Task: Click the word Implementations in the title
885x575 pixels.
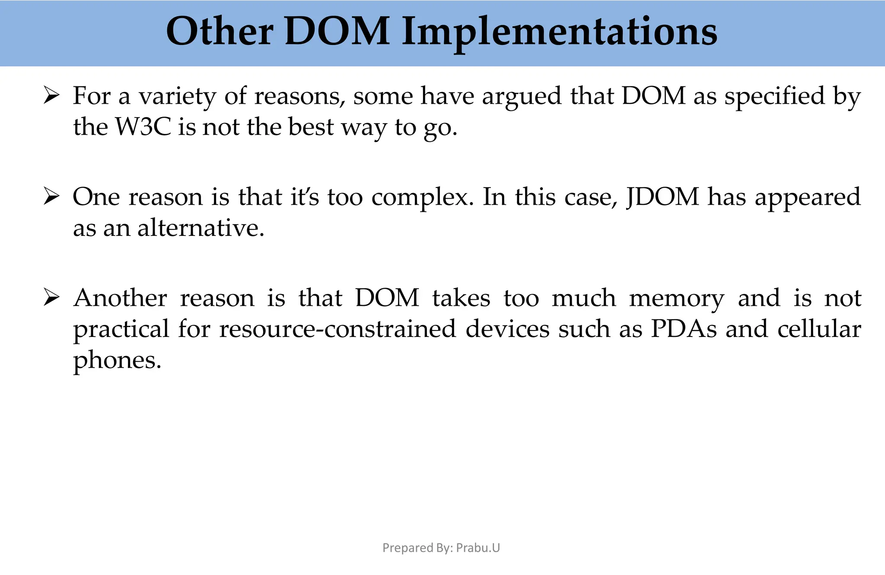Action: click(x=560, y=32)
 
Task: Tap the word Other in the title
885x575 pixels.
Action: click(x=220, y=32)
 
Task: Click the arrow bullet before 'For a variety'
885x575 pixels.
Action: click(x=51, y=95)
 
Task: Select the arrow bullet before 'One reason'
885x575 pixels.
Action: click(x=51, y=197)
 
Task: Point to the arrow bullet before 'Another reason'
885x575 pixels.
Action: click(x=51, y=298)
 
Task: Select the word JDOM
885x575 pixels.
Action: click(x=662, y=197)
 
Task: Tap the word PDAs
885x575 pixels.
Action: click(x=684, y=329)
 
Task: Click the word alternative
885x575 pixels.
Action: click(x=201, y=228)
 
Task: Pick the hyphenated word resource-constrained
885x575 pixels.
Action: click(x=337, y=329)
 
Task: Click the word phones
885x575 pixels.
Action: click(x=117, y=360)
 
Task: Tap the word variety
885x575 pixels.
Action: click(x=177, y=96)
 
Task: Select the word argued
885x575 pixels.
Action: click(x=522, y=96)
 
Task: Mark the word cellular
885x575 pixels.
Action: click(x=819, y=329)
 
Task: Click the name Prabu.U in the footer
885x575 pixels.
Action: click(x=478, y=548)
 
